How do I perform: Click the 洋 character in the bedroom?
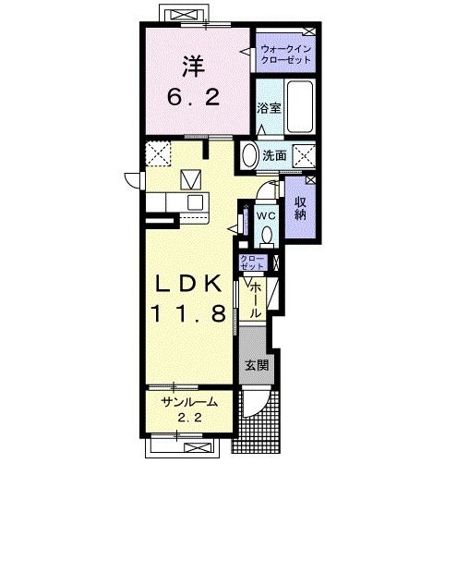[x=193, y=67]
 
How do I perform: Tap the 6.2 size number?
[x=193, y=97]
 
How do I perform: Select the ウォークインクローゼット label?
[x=285, y=54]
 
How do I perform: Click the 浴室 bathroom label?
[x=270, y=108]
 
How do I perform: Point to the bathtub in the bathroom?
[x=299, y=107]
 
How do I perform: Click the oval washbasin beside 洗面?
[x=250, y=156]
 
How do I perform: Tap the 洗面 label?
[x=274, y=155]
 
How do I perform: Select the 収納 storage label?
[x=300, y=208]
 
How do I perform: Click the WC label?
[x=266, y=216]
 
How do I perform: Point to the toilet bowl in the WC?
[x=266, y=237]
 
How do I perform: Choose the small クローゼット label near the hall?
[x=253, y=262]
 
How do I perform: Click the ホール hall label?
[x=255, y=299]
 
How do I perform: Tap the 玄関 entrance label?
[x=257, y=365]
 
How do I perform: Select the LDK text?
[x=188, y=284]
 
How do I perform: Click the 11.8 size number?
[x=188, y=313]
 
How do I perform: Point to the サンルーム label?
[x=189, y=403]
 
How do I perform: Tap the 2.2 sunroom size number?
[x=190, y=418]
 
